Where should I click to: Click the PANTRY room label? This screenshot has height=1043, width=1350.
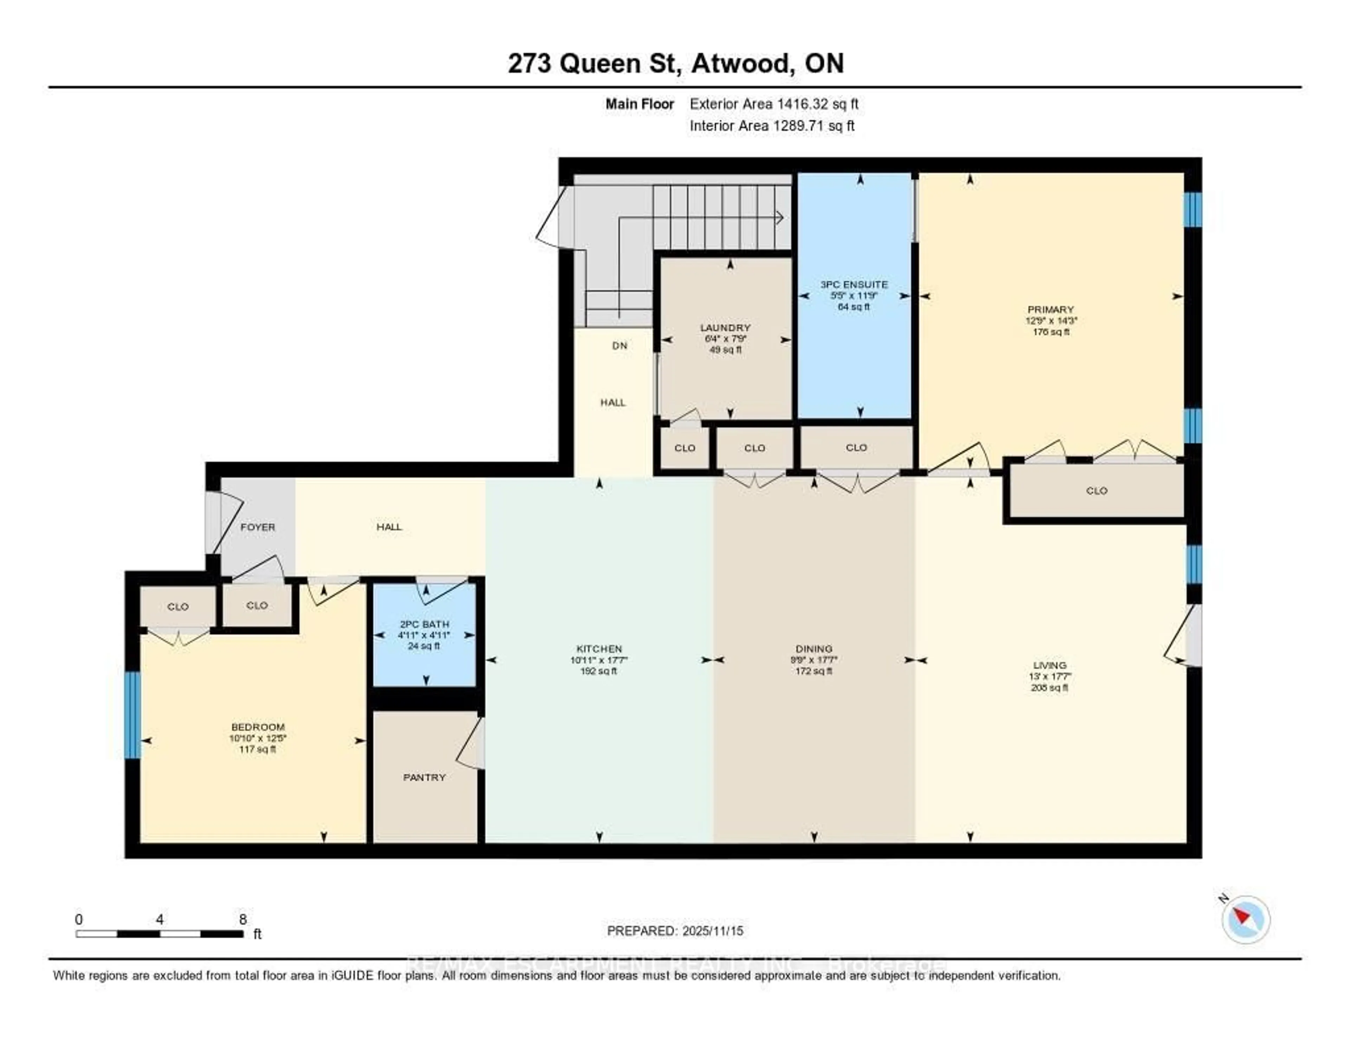click(x=424, y=777)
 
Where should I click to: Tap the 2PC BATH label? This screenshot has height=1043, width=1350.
click(x=424, y=625)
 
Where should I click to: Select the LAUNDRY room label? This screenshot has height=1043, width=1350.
click(x=725, y=328)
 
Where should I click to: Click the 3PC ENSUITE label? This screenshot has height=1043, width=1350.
click(x=854, y=284)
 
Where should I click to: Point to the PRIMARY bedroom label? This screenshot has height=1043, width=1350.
click(x=1050, y=309)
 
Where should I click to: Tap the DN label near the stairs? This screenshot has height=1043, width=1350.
click(x=619, y=346)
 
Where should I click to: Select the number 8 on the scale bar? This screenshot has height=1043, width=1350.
click(x=243, y=919)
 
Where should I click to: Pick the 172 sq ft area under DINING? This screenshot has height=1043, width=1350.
click(x=814, y=671)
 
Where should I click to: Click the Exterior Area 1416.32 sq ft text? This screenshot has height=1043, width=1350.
click(x=774, y=104)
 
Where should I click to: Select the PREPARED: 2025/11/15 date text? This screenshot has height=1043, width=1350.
click(x=675, y=930)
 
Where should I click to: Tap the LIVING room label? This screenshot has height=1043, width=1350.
click(x=1049, y=665)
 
